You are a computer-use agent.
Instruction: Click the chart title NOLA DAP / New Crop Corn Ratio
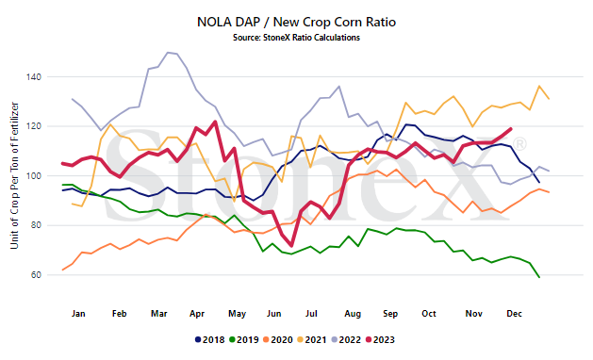[x=296, y=22]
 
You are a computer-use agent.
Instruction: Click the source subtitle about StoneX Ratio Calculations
[x=296, y=38]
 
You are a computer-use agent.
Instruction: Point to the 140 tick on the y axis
[x=33, y=76]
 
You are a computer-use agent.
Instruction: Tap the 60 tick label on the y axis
[x=36, y=275]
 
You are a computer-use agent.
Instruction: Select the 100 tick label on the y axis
[x=33, y=176]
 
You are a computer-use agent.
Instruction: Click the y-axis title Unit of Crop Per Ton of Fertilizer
[x=14, y=175]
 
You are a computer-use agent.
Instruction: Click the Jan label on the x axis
[x=78, y=314]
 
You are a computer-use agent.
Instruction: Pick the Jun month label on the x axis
[x=273, y=314]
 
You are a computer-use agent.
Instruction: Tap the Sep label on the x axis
[x=390, y=314]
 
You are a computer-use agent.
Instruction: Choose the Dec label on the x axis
[x=515, y=314]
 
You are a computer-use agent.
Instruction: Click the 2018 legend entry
[x=210, y=339]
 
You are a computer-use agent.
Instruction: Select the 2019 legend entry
[x=244, y=339]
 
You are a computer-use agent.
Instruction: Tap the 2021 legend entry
[x=312, y=339]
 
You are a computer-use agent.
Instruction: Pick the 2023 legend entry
[x=380, y=339]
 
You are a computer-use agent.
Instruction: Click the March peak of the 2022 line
[x=168, y=53]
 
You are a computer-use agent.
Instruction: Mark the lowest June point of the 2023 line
[x=291, y=246]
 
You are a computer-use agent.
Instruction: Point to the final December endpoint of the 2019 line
[x=539, y=278]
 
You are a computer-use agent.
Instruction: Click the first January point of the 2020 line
[x=63, y=270]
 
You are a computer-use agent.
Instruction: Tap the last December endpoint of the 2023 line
[x=511, y=128]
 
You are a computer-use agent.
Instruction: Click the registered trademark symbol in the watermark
[x=520, y=144]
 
